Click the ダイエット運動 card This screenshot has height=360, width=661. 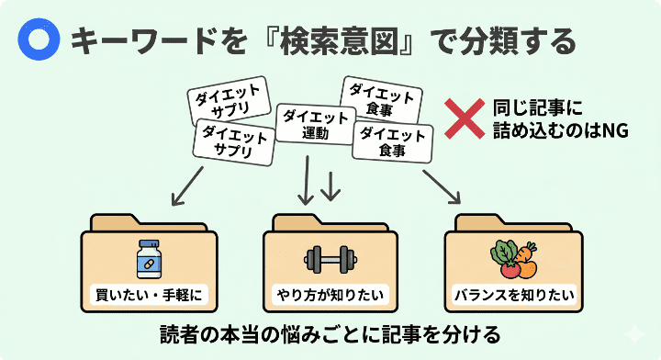click(x=315, y=125)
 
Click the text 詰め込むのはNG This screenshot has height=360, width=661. click(x=559, y=131)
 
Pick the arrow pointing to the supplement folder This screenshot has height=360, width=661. click(x=187, y=187)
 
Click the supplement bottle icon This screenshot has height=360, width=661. click(x=148, y=260)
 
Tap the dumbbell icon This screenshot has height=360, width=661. click(x=330, y=261)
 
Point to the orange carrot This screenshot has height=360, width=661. click(x=524, y=262)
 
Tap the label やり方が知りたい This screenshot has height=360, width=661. click(x=330, y=296)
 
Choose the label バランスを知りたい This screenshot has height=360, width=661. click(x=513, y=296)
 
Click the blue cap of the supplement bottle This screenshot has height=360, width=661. click(x=148, y=245)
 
